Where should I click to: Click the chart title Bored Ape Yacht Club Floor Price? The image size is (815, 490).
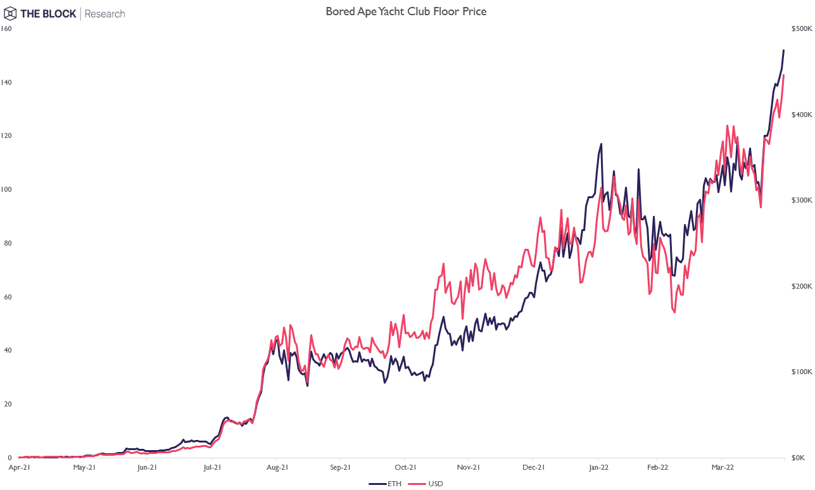(x=406, y=11)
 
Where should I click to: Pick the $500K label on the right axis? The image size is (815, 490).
(x=801, y=29)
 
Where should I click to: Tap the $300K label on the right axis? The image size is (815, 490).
(x=801, y=200)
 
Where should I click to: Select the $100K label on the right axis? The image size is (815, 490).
(x=801, y=372)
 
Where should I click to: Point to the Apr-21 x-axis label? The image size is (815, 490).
(x=19, y=468)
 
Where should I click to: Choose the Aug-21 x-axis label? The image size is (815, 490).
(x=277, y=468)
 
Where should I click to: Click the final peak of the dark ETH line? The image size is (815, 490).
(x=784, y=50)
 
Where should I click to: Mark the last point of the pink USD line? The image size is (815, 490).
(x=784, y=75)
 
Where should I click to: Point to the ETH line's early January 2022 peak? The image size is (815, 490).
(x=601, y=144)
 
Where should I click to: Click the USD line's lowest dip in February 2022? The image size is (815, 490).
(x=674, y=312)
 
